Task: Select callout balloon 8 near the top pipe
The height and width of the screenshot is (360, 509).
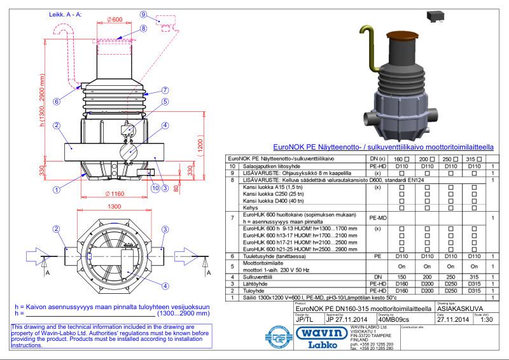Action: (144, 29)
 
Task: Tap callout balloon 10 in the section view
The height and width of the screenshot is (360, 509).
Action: (155, 187)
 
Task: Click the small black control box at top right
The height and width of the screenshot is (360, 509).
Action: (436, 13)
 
